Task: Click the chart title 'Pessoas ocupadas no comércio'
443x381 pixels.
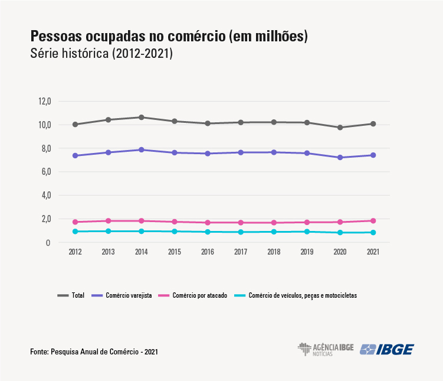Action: pyautogui.click(x=169, y=36)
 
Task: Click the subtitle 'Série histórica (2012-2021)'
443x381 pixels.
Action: pyautogui.click(x=101, y=54)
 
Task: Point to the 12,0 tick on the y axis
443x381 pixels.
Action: pyautogui.click(x=45, y=101)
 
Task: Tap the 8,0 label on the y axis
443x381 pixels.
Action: pyautogui.click(x=45, y=148)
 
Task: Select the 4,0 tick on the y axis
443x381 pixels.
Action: pyautogui.click(x=45, y=195)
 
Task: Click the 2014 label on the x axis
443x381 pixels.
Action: pyautogui.click(x=141, y=252)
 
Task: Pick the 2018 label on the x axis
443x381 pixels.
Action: pyautogui.click(x=274, y=252)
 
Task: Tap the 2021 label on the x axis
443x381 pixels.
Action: pyautogui.click(x=373, y=252)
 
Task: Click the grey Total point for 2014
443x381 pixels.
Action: pyautogui.click(x=142, y=117)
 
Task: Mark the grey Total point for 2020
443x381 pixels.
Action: pyautogui.click(x=340, y=128)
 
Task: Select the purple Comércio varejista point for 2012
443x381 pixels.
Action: pyautogui.click(x=76, y=155)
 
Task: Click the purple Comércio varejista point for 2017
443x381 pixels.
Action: pyautogui.click(x=241, y=152)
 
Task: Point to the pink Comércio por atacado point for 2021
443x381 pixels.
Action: pyautogui.click(x=373, y=221)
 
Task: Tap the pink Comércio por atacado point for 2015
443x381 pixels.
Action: pyautogui.click(x=175, y=222)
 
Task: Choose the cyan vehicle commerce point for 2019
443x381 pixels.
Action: pyautogui.click(x=307, y=232)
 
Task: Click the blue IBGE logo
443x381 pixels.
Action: pyautogui.click(x=387, y=349)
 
